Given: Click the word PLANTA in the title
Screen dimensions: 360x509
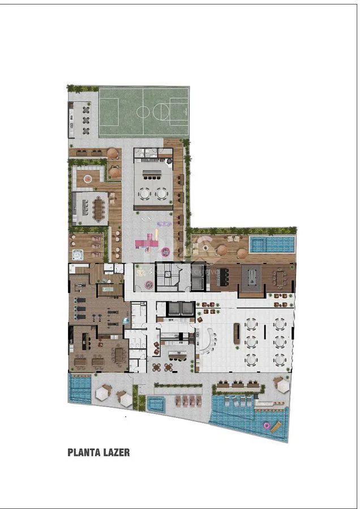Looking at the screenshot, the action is point(83,452).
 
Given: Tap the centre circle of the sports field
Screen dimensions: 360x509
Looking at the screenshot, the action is point(143,111).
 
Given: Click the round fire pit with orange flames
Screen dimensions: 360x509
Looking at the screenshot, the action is point(88,178).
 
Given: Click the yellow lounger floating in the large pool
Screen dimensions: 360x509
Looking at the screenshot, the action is point(276,427).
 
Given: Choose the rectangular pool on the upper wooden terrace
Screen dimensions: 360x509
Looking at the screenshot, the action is point(272,244).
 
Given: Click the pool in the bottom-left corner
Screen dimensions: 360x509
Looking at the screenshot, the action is point(80,388).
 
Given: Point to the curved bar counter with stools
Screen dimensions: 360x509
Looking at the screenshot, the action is point(209,342).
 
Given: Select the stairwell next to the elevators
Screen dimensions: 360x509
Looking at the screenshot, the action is point(168,277).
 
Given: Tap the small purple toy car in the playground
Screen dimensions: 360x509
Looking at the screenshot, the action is point(164,223).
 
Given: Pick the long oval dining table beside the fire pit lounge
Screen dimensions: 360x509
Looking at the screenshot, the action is point(98,209).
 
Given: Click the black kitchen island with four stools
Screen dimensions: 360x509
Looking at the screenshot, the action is point(224,277).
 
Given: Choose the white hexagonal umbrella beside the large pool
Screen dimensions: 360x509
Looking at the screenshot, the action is point(281,385).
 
